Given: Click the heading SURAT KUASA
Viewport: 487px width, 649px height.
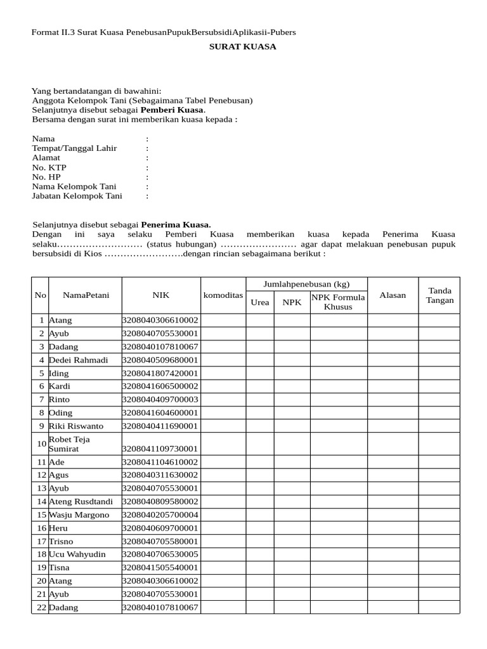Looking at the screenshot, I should pos(243,47).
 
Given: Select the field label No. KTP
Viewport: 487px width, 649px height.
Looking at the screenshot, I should pos(49,167).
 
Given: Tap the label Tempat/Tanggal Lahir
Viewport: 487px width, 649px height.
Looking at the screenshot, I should pos(74,148).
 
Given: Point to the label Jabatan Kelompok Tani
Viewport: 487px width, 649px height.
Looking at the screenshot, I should pos(77,196).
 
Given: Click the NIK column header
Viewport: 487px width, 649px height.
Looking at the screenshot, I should pos(160,295).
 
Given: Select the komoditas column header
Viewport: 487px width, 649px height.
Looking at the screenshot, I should pos(223,295).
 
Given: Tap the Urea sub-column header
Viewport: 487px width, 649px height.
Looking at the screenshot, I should pos(260,302).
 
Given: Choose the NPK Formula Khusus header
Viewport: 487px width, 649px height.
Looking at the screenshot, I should pos(338,302).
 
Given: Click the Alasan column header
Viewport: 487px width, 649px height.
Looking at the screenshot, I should pos(393,295).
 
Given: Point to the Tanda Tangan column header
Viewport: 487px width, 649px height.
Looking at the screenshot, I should pos(439,295).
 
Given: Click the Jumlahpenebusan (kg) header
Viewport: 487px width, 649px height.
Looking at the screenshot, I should pos(306,284).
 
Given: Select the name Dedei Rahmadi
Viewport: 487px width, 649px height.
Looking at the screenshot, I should pos(79,360).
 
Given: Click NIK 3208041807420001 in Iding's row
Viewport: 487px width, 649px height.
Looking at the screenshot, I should pos(160,373).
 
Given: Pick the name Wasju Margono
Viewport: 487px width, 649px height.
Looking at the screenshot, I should pos(79,515).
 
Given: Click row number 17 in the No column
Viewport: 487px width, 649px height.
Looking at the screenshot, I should pos(41,541).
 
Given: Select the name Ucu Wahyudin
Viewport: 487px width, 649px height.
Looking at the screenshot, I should pos(77,555).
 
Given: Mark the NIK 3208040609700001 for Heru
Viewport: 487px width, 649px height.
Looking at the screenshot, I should pos(160,528).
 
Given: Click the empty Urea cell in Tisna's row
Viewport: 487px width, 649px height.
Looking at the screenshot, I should pos(260,568).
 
